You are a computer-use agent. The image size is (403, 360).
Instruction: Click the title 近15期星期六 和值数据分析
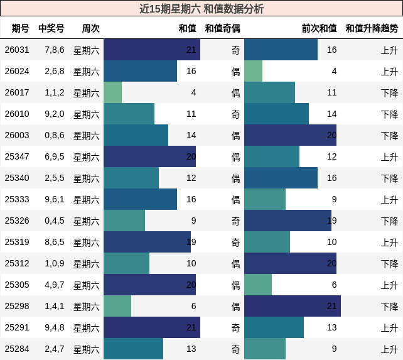click(x=201, y=9)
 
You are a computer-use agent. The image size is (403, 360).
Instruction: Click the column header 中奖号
click(x=51, y=28)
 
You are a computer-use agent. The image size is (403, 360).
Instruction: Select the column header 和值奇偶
click(x=222, y=28)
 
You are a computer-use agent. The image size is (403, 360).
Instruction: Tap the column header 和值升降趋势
click(x=372, y=28)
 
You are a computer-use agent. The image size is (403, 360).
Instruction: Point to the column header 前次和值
click(x=319, y=28)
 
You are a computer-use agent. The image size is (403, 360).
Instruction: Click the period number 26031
click(x=17, y=50)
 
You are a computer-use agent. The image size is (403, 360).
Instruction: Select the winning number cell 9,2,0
click(x=54, y=114)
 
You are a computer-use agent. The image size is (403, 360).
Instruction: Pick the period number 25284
click(x=17, y=349)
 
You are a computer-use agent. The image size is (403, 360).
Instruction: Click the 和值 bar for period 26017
click(x=113, y=92)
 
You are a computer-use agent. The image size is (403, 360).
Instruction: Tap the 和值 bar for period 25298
click(x=117, y=306)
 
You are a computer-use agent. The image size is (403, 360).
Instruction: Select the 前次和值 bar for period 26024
click(x=254, y=71)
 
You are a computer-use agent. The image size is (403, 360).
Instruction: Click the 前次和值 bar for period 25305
click(x=258, y=285)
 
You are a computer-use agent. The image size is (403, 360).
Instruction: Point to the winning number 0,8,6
click(x=54, y=135)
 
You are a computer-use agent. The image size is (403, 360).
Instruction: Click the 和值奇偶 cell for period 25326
click(x=235, y=221)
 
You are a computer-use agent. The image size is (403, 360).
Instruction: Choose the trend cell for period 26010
click(x=389, y=114)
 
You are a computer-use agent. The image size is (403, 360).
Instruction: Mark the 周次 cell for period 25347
click(x=86, y=156)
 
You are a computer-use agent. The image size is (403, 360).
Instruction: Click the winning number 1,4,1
click(x=54, y=306)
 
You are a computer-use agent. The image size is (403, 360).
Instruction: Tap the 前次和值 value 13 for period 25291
click(x=331, y=327)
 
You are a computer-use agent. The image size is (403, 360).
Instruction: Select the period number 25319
click(x=17, y=242)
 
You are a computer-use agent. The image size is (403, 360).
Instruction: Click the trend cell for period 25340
click(x=389, y=178)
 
